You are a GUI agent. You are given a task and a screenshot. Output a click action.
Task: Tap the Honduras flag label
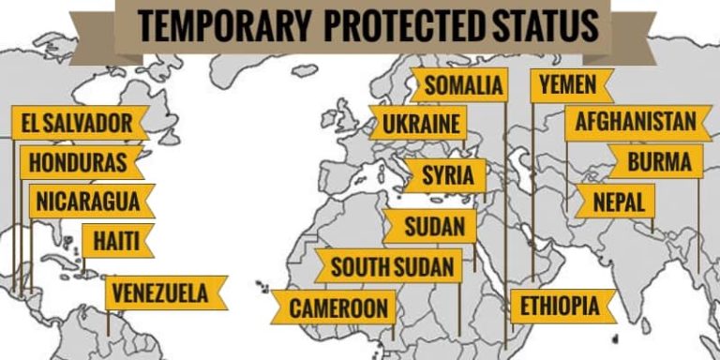[81, 161]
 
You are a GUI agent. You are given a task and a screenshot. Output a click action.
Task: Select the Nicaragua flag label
[90, 201]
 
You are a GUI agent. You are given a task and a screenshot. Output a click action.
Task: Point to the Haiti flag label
[116, 241]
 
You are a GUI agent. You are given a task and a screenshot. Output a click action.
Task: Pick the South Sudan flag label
[388, 266]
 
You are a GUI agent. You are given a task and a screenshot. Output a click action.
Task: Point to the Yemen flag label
[567, 85]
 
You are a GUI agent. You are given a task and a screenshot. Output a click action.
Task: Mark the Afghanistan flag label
[635, 122]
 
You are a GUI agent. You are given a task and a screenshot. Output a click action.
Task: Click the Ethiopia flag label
[561, 307]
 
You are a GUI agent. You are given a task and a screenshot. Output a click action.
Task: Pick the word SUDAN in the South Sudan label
[424, 266]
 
